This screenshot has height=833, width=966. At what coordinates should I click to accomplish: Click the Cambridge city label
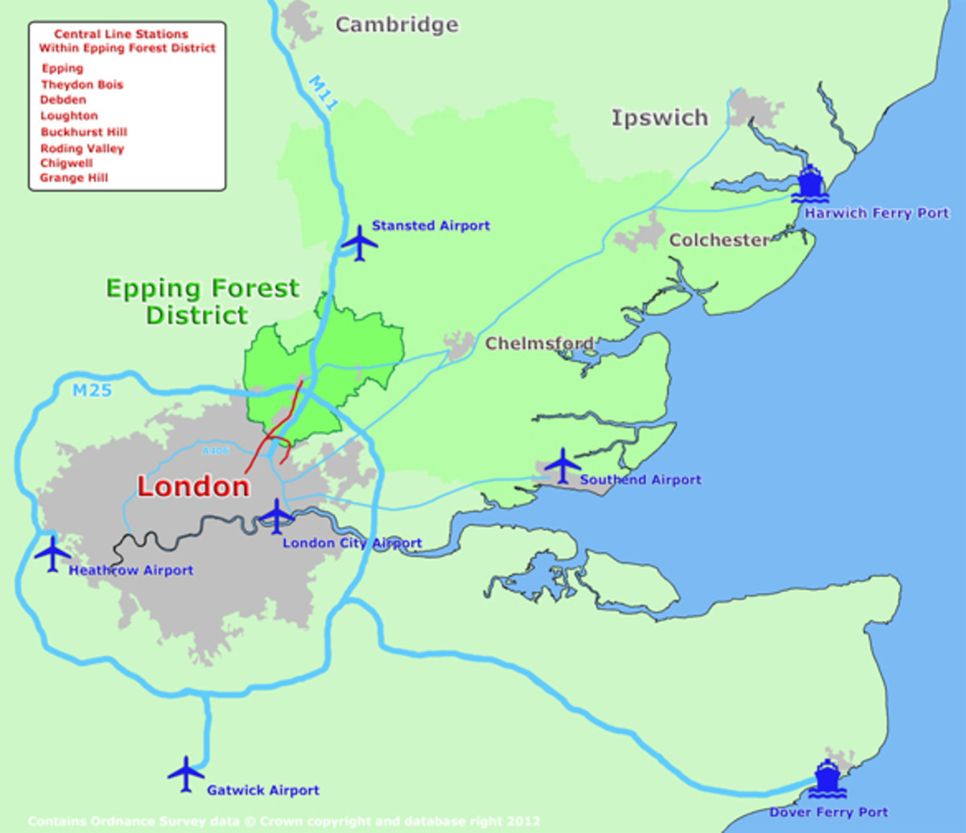(397, 25)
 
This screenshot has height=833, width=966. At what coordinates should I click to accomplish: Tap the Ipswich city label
(659, 118)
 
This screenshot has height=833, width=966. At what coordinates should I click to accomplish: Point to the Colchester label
(719, 240)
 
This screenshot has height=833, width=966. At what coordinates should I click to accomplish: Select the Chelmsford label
(539, 344)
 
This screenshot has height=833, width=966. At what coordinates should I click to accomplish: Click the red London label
(193, 487)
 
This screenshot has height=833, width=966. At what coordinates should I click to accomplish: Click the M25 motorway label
(92, 392)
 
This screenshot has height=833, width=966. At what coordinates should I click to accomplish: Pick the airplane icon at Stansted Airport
(359, 242)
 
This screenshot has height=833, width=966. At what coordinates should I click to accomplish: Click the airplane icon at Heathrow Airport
(53, 553)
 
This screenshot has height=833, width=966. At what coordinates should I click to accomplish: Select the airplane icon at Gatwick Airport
(186, 774)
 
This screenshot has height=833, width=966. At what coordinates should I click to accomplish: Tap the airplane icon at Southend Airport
(562, 466)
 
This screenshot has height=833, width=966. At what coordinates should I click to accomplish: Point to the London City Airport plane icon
(276, 516)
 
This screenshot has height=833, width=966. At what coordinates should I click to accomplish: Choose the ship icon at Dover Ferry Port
(827, 779)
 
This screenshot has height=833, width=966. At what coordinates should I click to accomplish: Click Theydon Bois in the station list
(82, 85)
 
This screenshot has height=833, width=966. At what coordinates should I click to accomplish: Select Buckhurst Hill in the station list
(84, 132)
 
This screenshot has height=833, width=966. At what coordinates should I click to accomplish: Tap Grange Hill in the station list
(74, 178)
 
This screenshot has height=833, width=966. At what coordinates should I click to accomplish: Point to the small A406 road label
(216, 452)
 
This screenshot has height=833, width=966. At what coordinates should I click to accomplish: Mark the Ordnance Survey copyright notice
(283, 822)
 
